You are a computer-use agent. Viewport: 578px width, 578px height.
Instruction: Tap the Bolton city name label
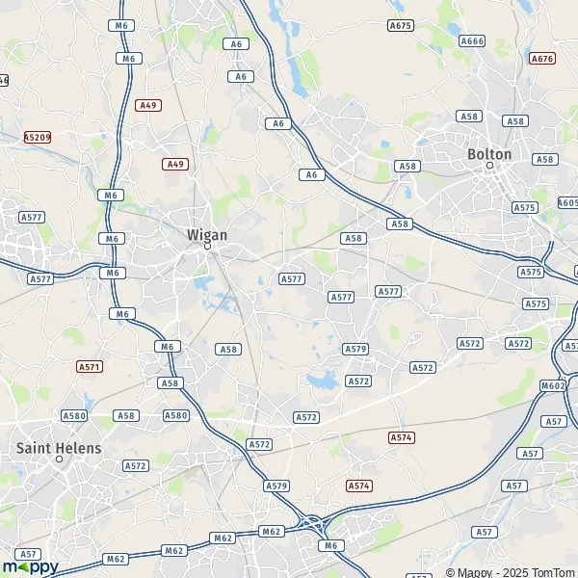(488, 154)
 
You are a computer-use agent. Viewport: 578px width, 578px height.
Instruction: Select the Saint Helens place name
(59, 448)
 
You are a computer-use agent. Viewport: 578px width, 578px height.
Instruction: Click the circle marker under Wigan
(207, 247)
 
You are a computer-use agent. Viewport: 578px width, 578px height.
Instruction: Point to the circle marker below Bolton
(489, 167)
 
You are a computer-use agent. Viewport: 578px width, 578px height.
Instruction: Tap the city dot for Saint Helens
(59, 460)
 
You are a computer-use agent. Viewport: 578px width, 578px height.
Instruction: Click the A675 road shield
(401, 25)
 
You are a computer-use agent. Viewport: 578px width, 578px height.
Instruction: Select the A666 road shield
(472, 40)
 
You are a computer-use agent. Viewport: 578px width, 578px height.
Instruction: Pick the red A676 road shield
(542, 59)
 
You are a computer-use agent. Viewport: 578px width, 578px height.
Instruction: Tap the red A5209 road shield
(37, 138)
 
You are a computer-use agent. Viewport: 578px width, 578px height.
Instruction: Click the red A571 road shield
(90, 366)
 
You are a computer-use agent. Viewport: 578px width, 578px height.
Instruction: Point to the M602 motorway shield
(553, 386)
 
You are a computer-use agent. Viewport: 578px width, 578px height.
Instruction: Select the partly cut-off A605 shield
(568, 203)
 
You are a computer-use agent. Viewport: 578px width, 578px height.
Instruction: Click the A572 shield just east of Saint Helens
(136, 465)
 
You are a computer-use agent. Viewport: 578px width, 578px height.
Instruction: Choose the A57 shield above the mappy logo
(28, 554)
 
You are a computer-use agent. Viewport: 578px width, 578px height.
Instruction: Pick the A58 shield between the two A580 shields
(126, 415)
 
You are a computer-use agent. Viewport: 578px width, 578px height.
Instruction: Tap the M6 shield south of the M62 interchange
(332, 546)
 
